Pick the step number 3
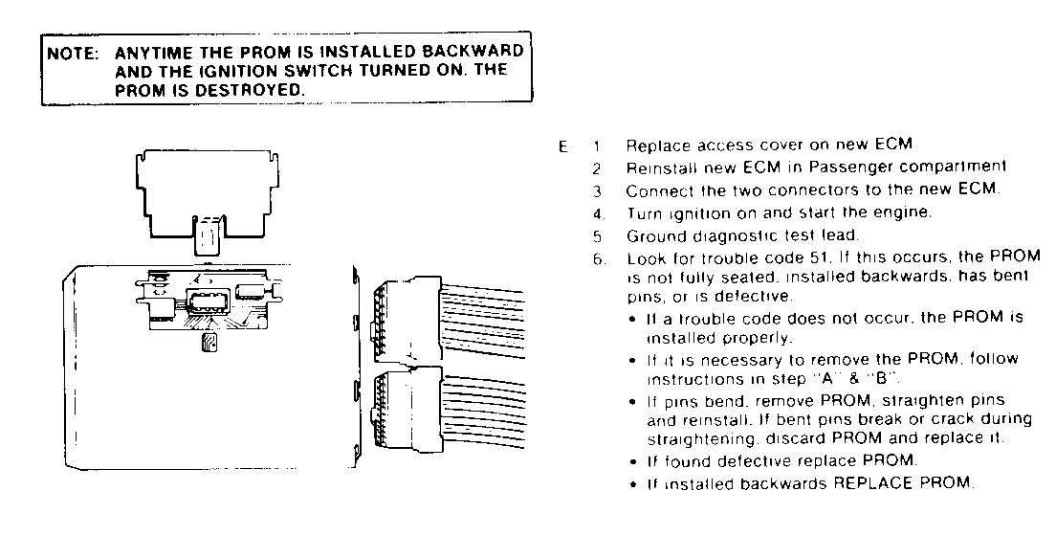(x=595, y=190)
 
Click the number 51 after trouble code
(x=791, y=258)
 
